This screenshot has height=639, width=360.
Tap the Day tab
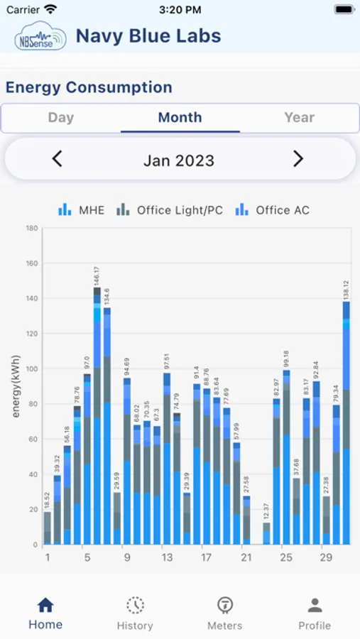tap(61, 118)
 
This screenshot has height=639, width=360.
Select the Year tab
tap(299, 118)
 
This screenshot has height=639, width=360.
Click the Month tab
tap(180, 118)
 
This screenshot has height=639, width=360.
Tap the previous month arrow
tap(58, 159)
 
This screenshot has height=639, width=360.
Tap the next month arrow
tap(298, 159)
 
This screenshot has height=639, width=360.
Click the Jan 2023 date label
tap(179, 160)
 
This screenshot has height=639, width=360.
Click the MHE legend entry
tap(81, 210)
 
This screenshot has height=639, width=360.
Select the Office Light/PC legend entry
tap(170, 210)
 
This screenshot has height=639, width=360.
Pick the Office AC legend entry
tap(273, 210)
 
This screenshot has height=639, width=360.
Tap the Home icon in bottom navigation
tap(45, 606)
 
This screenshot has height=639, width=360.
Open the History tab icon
tap(135, 606)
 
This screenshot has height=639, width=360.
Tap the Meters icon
tap(224, 606)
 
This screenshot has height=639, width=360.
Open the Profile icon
tap(315, 606)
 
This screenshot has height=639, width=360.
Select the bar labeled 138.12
tap(347, 426)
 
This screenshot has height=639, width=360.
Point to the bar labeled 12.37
tap(266, 534)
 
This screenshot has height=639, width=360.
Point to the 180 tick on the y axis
tap(32, 229)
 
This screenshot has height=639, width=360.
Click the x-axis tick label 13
tap(167, 558)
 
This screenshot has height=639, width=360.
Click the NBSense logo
tap(40, 37)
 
